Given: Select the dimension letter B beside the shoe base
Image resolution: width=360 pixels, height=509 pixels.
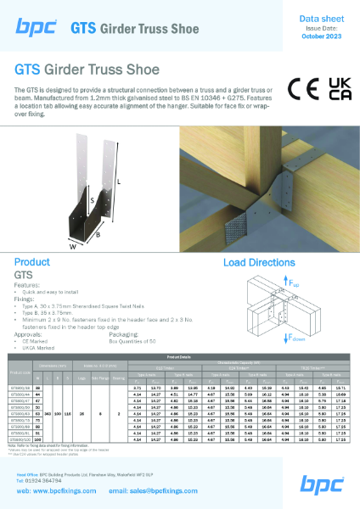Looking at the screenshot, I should (x=98, y=229).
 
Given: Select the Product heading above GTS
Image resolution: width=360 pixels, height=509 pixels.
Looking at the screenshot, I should (x=32, y=263).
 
